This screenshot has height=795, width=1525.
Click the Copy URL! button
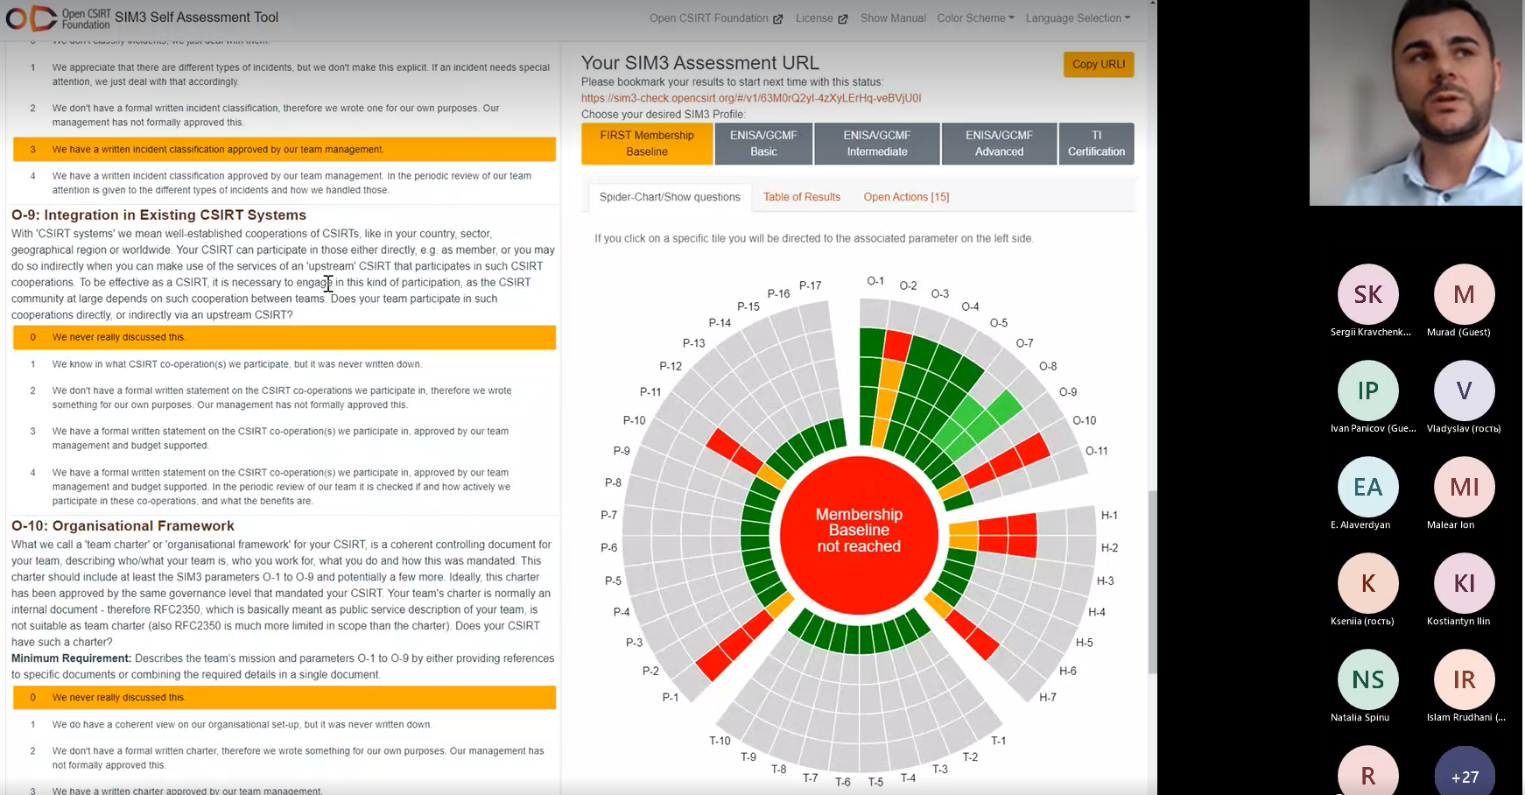click(x=1099, y=64)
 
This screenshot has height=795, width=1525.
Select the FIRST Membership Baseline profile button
click(x=647, y=144)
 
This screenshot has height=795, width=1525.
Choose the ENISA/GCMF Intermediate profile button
click(x=877, y=144)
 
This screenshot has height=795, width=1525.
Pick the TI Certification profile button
click(x=1096, y=144)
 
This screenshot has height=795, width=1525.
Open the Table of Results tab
click(x=802, y=197)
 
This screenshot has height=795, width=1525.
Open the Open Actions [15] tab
click(x=906, y=197)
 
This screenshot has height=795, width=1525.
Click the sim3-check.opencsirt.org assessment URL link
click(x=751, y=98)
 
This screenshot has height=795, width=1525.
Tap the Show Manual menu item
click(x=893, y=18)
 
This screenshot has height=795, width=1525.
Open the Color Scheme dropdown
click(x=975, y=18)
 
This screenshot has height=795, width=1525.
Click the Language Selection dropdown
click(x=1078, y=18)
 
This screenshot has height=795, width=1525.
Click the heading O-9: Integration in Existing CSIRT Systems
click(x=158, y=215)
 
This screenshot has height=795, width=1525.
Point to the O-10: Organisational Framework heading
click(x=123, y=525)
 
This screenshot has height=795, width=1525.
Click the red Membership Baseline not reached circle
click(x=859, y=535)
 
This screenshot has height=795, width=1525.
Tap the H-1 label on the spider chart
click(x=1109, y=515)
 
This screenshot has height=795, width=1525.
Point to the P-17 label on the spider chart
click(x=810, y=285)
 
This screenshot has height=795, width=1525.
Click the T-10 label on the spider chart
click(x=720, y=741)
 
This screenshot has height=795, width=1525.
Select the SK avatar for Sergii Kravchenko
click(x=1368, y=294)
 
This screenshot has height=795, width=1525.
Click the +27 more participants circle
click(x=1465, y=773)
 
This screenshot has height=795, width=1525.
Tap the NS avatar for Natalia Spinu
click(x=1368, y=679)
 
